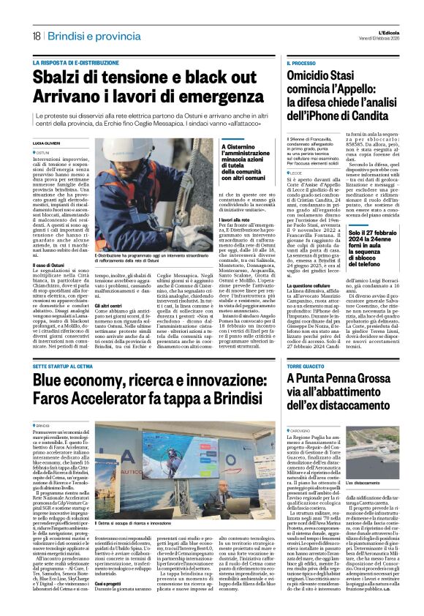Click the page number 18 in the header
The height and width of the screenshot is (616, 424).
[x=36, y=36]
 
